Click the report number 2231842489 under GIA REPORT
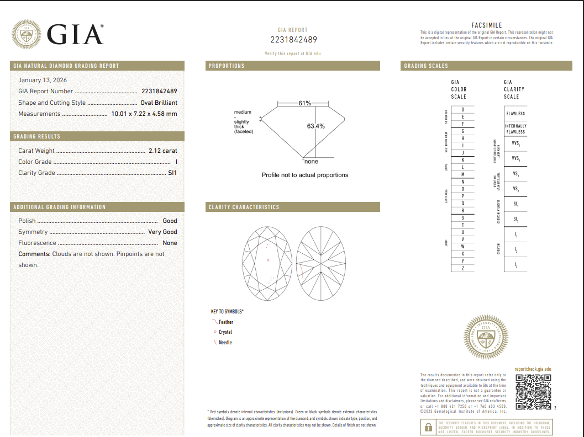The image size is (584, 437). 293,40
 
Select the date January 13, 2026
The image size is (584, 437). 43,80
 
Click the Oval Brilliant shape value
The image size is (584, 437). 159,103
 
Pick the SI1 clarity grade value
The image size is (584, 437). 172,173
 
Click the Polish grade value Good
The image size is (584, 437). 170,221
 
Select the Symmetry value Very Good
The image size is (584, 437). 162,232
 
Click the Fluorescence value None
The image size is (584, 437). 170,243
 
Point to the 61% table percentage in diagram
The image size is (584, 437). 304,103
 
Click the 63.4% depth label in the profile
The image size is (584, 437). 315,126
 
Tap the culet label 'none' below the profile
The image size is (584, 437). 312,162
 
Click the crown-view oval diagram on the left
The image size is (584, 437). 267,263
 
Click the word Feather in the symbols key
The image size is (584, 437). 226,322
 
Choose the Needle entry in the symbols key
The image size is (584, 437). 225,343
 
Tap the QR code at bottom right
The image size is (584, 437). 533,392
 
